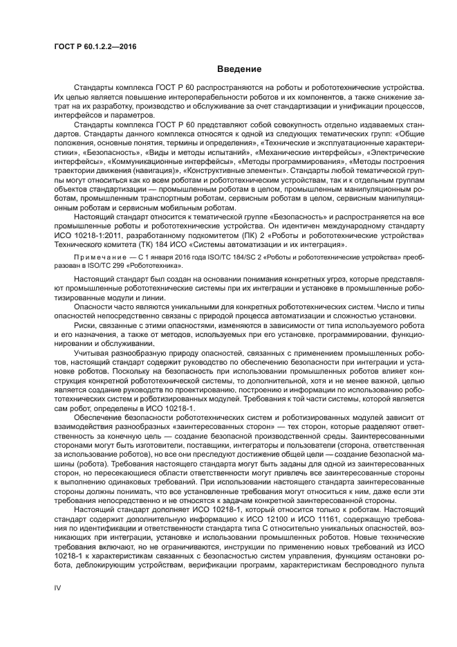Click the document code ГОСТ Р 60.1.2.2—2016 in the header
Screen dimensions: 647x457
95,46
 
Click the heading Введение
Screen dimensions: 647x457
239,69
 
